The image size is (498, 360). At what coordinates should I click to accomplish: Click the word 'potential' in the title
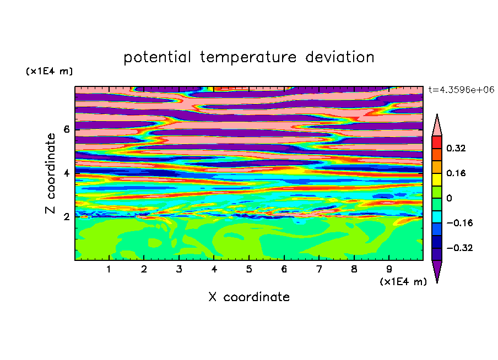[157, 58]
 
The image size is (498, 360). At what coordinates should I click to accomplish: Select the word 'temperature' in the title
[248, 58]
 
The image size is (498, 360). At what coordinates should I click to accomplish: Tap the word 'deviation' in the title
[340, 57]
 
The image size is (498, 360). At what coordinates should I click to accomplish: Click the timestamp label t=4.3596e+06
[462, 90]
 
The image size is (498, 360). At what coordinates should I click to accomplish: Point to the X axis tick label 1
[109, 269]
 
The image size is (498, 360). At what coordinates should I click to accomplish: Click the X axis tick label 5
[249, 269]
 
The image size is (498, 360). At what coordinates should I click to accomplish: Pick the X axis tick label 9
[389, 269]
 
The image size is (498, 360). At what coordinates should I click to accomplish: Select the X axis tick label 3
[179, 269]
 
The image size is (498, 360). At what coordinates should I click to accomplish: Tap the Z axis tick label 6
[66, 129]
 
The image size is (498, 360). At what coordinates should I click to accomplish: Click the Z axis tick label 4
[66, 173]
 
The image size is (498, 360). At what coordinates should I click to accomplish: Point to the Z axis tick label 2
[66, 216]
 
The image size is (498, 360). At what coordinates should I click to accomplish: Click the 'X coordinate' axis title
[249, 297]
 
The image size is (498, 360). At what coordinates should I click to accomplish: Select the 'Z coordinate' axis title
[51, 173]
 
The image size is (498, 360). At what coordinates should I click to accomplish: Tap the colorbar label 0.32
[456, 148]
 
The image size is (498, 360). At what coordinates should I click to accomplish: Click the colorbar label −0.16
[459, 223]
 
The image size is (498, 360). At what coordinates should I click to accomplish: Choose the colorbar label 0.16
[456, 173]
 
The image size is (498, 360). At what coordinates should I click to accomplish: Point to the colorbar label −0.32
[459, 248]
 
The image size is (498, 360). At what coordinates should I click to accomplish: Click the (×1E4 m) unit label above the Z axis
[49, 71]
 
